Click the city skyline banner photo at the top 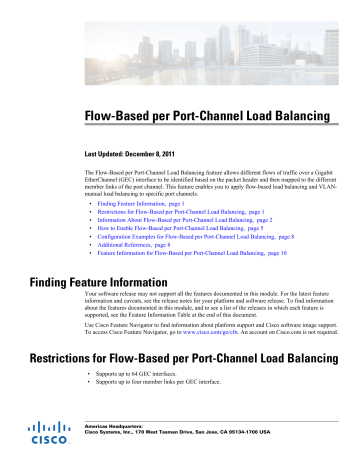coord(180,40)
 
